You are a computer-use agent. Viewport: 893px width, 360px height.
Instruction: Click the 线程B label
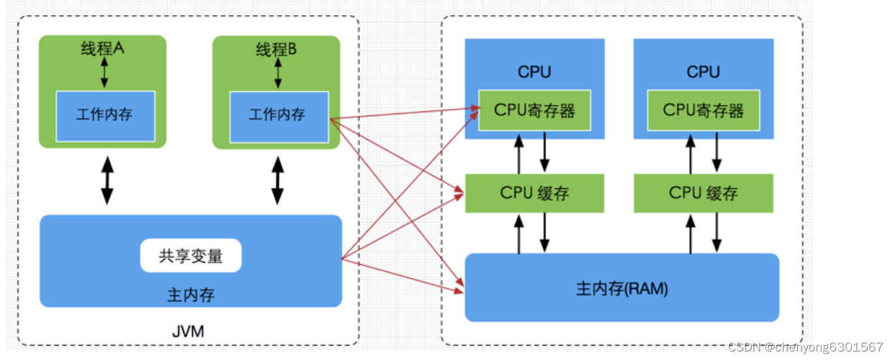(x=276, y=50)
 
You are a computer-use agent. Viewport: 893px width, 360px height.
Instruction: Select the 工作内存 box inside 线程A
(x=105, y=115)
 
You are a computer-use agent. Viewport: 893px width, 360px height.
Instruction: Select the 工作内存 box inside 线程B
(x=278, y=115)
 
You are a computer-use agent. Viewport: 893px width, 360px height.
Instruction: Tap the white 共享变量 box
(x=191, y=256)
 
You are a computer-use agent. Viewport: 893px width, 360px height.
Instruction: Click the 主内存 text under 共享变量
(x=191, y=295)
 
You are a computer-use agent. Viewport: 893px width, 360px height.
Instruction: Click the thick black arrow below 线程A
(x=107, y=179)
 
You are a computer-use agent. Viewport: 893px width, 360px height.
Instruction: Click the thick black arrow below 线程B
(x=278, y=179)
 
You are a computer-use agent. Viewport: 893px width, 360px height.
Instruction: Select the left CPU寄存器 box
(x=534, y=110)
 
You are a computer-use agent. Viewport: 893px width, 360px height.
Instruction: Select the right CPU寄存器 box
(x=703, y=110)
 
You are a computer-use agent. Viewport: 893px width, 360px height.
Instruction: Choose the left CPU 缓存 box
(x=534, y=193)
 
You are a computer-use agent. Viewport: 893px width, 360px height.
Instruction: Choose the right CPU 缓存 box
(x=703, y=193)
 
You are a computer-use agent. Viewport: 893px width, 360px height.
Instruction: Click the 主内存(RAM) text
(x=622, y=289)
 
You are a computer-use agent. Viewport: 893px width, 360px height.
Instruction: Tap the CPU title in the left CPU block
(x=534, y=72)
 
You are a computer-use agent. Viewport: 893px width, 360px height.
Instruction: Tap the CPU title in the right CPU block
(x=703, y=72)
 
